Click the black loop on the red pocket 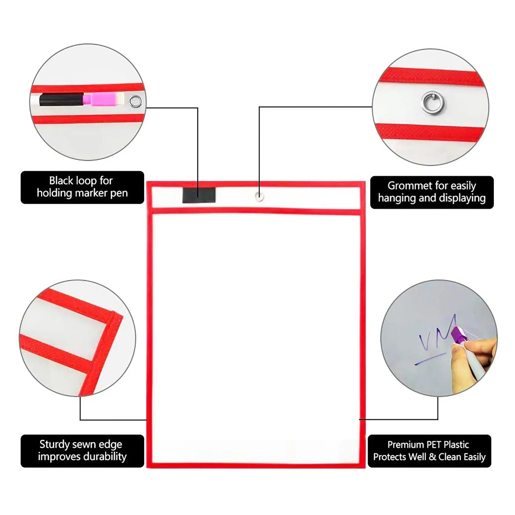click(x=199, y=195)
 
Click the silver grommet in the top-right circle click(x=433, y=103)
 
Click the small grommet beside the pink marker click(x=135, y=101)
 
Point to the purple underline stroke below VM click(x=430, y=359)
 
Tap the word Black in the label click(x=61, y=181)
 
